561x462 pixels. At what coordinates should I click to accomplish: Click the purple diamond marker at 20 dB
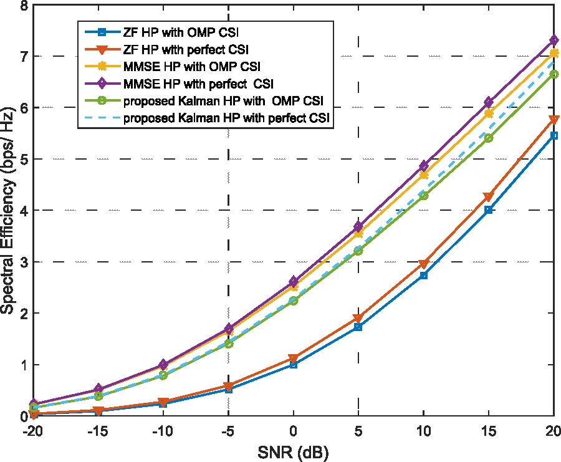(554, 40)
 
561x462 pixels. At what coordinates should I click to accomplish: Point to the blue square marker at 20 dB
(554, 135)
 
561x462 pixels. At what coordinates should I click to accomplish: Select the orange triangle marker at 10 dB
(424, 264)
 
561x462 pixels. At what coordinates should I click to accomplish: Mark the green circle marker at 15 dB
(489, 138)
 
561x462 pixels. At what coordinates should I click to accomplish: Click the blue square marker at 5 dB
(358, 327)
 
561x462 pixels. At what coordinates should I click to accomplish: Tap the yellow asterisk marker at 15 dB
(489, 113)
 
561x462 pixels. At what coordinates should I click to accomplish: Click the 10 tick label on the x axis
(424, 431)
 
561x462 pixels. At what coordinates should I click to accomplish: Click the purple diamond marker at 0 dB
(293, 281)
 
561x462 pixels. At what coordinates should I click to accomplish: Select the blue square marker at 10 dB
(424, 275)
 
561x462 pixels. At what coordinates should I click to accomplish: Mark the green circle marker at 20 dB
(554, 74)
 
